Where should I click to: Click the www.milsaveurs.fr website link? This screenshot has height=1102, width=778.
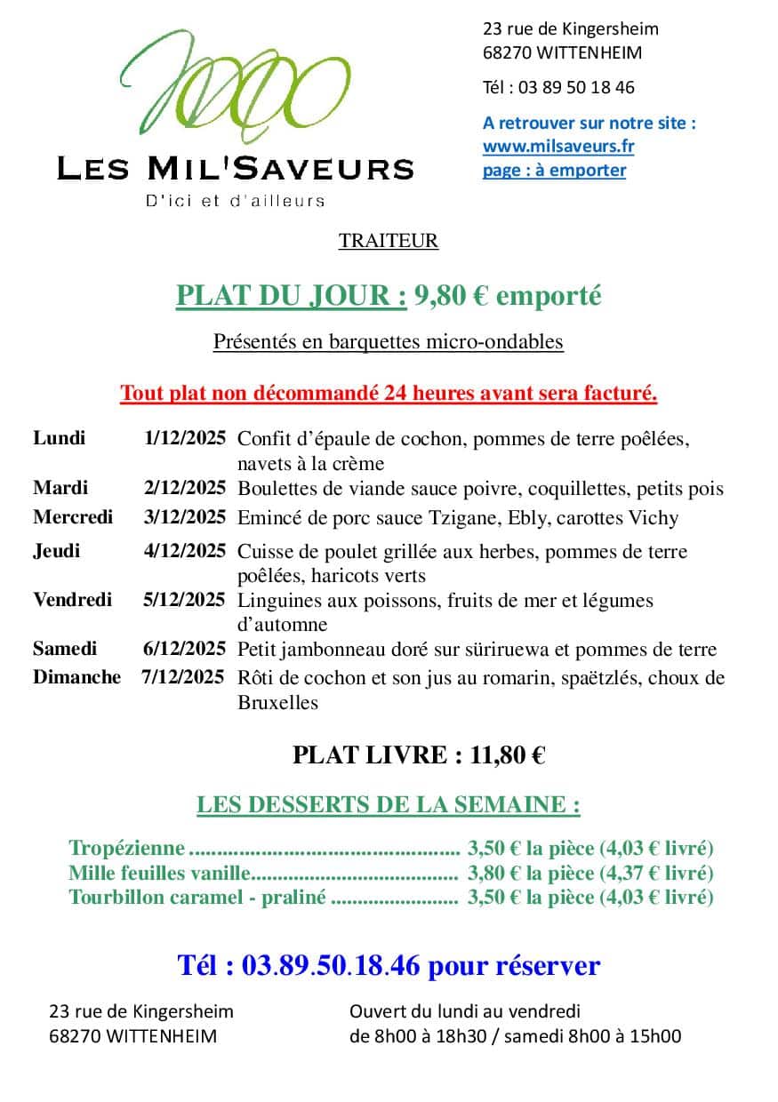point(557,147)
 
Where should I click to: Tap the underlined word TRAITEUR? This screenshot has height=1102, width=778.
point(389,241)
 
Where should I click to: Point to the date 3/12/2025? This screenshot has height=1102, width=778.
point(185,517)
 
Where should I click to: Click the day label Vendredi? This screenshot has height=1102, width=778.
point(73,600)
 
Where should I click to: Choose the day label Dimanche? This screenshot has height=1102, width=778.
point(76,677)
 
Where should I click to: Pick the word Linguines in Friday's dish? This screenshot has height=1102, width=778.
point(277,601)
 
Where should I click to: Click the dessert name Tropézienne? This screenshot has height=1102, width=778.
point(127,848)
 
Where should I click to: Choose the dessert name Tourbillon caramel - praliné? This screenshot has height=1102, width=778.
point(197,898)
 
